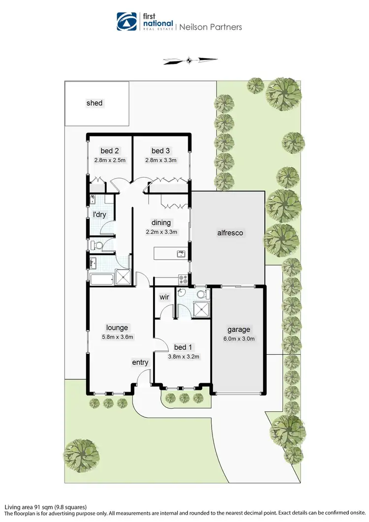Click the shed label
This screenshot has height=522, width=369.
(94, 103)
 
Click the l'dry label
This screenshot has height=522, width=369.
(100, 215)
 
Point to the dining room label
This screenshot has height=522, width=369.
(160, 222)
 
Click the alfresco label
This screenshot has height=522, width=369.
(230, 233)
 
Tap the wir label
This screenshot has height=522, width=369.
(164, 297)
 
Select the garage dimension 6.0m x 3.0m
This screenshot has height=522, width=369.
(239, 339)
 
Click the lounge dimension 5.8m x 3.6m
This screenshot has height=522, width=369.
(117, 337)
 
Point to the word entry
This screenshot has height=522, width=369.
(140, 363)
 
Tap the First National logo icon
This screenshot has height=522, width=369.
(127, 22)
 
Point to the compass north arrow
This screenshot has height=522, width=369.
(190, 61)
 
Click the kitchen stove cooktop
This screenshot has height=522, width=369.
(183, 279)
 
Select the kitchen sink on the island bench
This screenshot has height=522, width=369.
(181, 254)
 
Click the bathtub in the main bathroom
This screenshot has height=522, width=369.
(102, 280)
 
